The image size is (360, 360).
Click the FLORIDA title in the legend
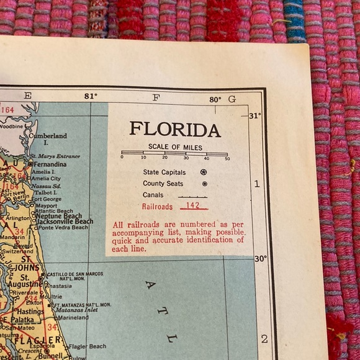[x=175, y=130]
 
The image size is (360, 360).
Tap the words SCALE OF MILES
[x=175, y=147]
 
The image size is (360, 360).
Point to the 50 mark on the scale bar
[x=227, y=158]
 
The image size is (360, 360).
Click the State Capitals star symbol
[x=204, y=172]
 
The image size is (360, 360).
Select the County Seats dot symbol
[x=204, y=184]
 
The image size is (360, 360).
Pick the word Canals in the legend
[x=153, y=195]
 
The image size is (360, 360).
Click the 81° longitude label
[x=91, y=97]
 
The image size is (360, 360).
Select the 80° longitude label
[x=215, y=99]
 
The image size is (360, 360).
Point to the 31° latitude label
[x=255, y=115]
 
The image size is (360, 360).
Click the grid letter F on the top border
[x=156, y=97]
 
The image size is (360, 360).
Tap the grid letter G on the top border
[x=232, y=99]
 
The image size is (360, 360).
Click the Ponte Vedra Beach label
[x=63, y=228]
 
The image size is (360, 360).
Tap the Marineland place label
[x=73, y=317]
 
